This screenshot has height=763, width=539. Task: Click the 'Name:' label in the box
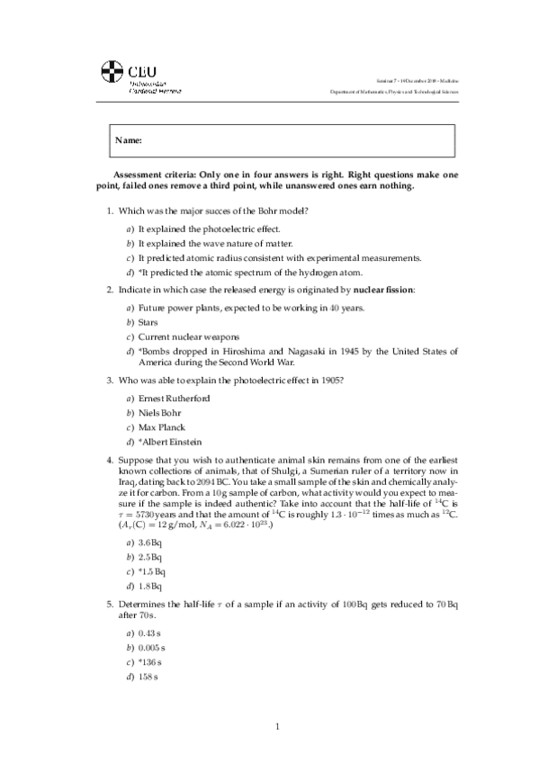pos(129,141)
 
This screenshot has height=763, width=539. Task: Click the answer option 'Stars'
pos(148,321)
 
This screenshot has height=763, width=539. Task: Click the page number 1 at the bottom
pos(278,726)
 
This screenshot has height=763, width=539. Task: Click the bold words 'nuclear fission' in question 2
pos(383,292)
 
